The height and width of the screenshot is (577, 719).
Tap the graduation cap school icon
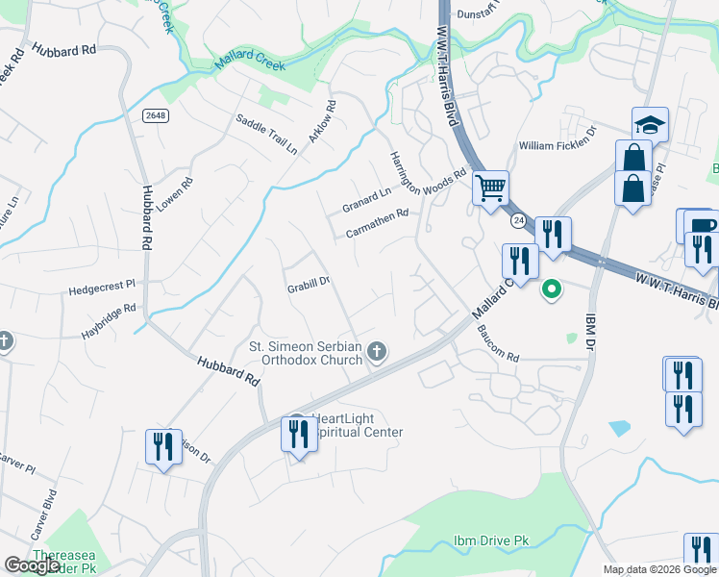tap(650, 124)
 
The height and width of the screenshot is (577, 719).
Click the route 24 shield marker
tap(517, 220)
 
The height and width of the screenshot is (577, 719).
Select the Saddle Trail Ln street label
tap(267, 135)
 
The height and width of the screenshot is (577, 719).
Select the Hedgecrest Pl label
tap(103, 287)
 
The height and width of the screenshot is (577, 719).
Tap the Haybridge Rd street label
tap(109, 312)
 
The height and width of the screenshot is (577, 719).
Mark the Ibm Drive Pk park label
tap(491, 541)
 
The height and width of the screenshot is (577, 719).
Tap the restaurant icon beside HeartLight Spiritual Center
tap(297, 434)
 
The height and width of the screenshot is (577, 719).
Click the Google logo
tap(33, 565)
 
